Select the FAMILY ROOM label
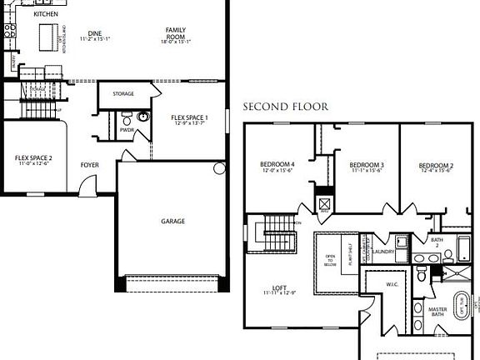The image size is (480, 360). pos(175,34)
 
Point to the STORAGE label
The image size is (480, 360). pos(122,93)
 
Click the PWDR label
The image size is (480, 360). pos(127,130)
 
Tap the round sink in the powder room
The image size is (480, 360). pos(142,117)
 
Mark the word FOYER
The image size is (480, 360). pos(89,165)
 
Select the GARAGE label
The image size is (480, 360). pos(172,221)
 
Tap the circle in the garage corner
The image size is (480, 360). pos(219,168)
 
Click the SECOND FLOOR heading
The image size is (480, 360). pos(285,107)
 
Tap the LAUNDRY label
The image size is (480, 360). pos(383,252)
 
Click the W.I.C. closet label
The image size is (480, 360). pos(392,283)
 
